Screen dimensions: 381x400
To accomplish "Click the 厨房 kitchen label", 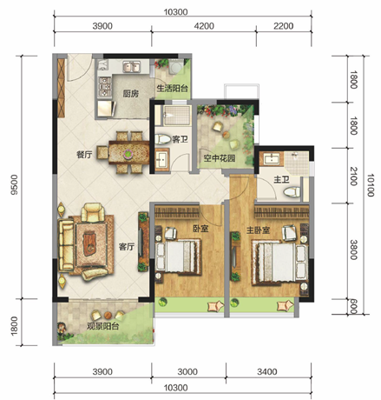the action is coord(131,93).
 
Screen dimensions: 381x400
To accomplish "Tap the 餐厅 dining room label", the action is coord(84,155).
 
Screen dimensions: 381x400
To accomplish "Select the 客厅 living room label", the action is coord(127,247).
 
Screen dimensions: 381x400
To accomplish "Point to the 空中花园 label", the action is coord(220,158).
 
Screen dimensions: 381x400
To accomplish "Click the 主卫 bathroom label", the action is coord(281,180).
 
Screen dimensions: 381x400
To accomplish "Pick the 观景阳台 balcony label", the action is coord(103,326).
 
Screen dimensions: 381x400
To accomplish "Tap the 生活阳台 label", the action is coord(172,88).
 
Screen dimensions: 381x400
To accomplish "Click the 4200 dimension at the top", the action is coord(204,26).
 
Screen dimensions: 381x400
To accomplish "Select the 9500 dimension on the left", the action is coord(14,184).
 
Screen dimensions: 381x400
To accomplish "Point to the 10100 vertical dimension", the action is coord(371,185).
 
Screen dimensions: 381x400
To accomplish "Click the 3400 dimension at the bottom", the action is coord(267,371).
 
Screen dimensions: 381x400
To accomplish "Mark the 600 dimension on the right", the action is coord(353,307).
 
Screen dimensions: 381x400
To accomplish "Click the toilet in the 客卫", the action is coord(163,139).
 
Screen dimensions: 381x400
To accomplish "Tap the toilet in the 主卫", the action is coord(292,192).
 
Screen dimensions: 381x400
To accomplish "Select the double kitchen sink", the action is coord(132,67).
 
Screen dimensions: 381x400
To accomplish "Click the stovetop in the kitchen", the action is coord(105,87).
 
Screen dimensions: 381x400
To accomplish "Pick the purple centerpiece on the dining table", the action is coord(128,154).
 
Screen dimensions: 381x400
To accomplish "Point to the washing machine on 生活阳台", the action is coord(175,68).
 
